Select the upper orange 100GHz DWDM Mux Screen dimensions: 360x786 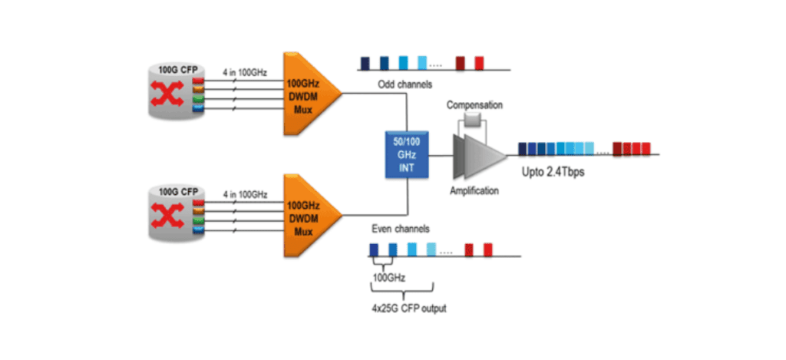click(307, 94)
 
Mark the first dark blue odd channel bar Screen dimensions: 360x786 click(365, 62)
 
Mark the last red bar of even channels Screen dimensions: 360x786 click(488, 249)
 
